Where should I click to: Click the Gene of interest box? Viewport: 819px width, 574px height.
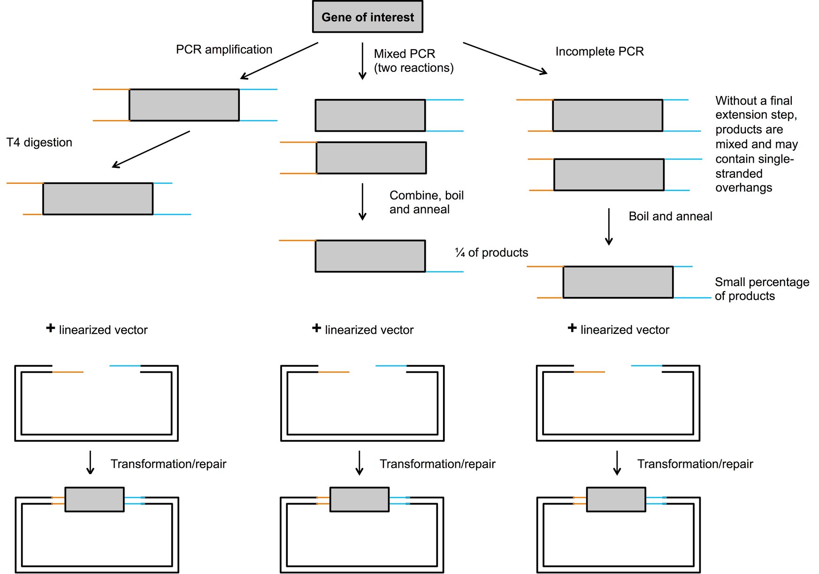(367, 17)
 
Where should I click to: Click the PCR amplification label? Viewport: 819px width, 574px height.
(224, 50)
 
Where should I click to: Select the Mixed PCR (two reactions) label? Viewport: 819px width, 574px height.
(413, 60)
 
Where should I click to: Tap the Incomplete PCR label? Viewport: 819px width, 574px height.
(599, 52)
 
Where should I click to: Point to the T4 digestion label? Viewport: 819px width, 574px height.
(39, 143)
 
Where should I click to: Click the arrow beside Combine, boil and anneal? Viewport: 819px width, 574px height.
(362, 202)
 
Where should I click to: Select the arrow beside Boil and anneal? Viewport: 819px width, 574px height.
(609, 227)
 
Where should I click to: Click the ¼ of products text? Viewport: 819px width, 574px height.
(491, 253)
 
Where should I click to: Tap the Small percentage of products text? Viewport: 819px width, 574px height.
(761, 289)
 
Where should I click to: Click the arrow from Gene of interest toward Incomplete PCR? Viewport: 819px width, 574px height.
(505, 58)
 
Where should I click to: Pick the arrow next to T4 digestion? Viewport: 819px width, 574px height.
(151, 149)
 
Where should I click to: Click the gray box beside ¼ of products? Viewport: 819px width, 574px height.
(370, 256)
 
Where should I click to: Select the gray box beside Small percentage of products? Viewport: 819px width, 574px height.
(618, 282)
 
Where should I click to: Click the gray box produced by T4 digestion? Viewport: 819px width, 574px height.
(98, 199)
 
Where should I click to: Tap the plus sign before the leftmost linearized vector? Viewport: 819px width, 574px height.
(51, 328)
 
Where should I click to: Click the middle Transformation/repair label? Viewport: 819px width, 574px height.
(437, 464)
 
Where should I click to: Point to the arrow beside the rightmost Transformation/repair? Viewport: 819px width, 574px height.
(617, 463)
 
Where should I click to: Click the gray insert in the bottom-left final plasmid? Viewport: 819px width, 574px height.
(94, 499)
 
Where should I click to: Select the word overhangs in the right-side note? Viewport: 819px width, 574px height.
(743, 188)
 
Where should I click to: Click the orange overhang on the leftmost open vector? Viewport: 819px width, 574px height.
(68, 372)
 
